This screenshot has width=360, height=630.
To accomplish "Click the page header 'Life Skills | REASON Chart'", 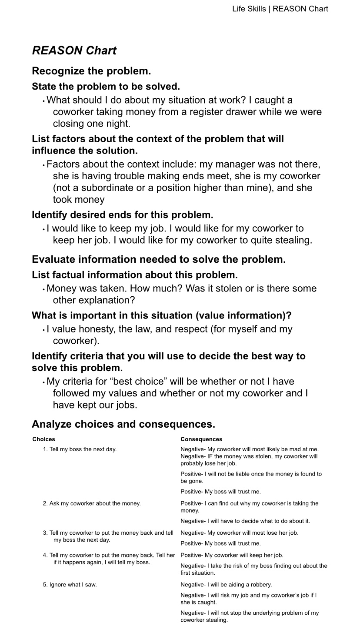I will coord(280,9).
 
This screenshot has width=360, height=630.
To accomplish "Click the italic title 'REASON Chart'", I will coord(74,51).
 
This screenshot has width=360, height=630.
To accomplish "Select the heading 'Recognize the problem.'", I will coord(91,71).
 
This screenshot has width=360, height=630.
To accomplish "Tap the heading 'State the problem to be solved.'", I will coord(106,87).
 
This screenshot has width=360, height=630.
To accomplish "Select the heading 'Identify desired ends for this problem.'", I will coord(122,215).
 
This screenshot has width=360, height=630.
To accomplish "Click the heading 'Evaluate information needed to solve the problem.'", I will coord(159,260).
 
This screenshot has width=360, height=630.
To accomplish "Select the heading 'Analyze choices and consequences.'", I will coord(123,424).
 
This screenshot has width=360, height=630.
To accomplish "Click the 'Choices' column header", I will coord(43,439).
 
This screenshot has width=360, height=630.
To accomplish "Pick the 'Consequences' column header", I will coord(201,439).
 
